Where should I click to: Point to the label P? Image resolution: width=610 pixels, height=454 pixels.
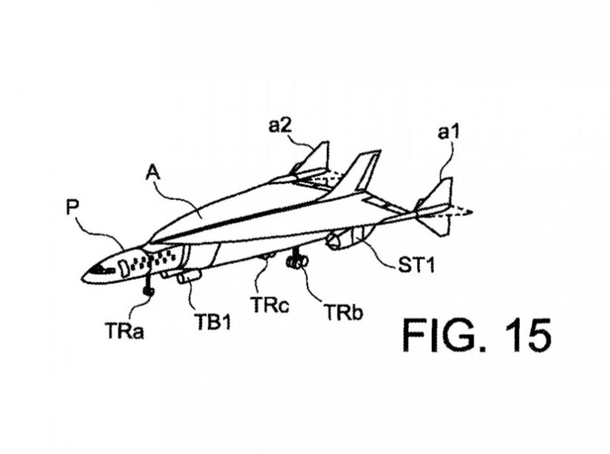(73, 207)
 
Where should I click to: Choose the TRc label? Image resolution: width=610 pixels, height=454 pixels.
(269, 305)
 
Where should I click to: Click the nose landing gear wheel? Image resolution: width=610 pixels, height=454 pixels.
(149, 291)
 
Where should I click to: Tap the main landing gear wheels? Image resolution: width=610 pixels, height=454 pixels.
(296, 263)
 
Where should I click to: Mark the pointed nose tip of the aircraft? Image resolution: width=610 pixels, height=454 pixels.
(83, 277)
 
